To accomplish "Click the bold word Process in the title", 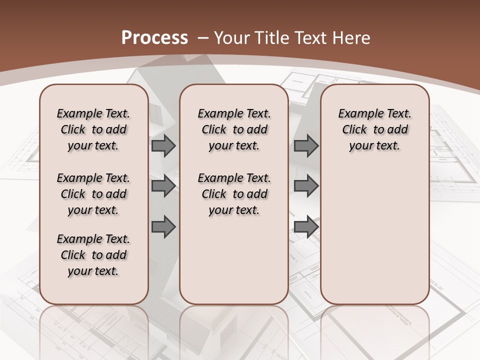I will pos(155,38).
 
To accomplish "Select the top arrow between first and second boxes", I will pos(163,146).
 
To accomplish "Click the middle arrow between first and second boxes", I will pos(163,186).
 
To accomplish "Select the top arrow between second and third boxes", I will pos(306,146).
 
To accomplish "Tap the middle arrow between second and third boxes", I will pos(306,186).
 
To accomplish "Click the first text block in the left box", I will pos(93,129).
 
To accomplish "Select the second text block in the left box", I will pos(93,194).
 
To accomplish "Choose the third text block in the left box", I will pos(93,255).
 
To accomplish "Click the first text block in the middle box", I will pos(234,129).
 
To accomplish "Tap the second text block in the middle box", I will pos(234,194).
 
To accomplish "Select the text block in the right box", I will pos(375,129).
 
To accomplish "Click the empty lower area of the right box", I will pos(375,235).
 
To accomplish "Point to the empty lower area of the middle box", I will pos(234,260).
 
